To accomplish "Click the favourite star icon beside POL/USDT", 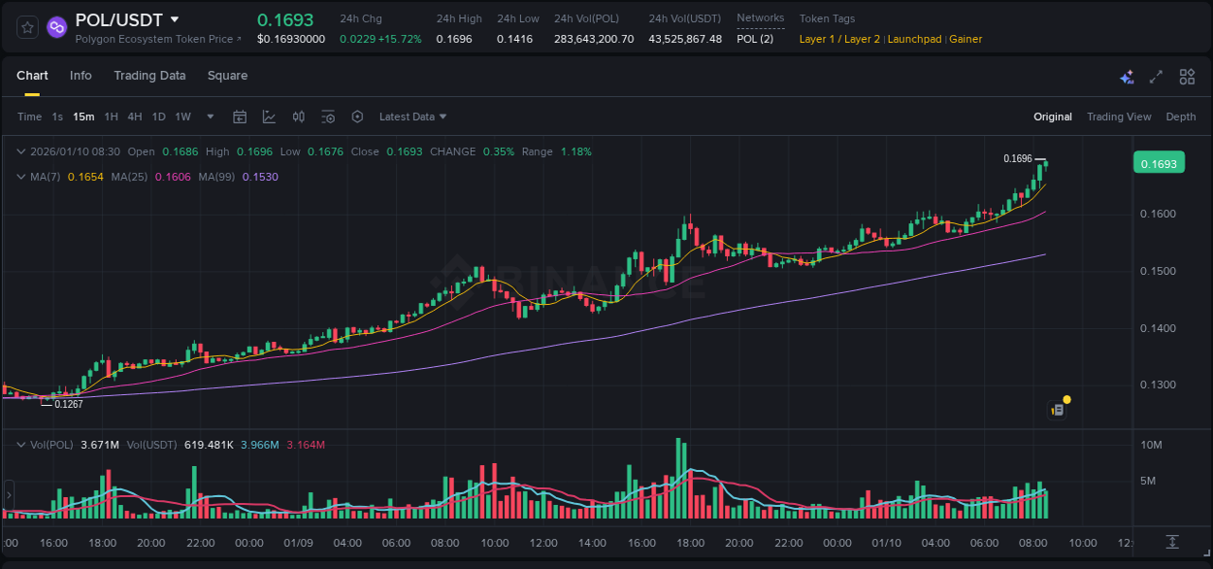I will click(28, 27).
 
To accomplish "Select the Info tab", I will click(81, 76).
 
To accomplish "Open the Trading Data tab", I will click(149, 76).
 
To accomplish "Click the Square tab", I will click(227, 76).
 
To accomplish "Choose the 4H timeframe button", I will click(135, 117).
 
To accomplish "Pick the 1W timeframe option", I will click(182, 117).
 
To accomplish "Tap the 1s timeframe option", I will click(57, 117).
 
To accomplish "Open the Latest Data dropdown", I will click(412, 117).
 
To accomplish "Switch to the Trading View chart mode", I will click(1119, 117).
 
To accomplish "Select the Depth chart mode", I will click(1181, 117).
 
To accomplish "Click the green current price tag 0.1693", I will click(1158, 164).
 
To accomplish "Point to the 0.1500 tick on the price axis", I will click(1158, 271).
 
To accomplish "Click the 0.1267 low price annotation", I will click(68, 404).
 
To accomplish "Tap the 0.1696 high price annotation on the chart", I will click(1017, 158).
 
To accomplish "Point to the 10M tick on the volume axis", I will click(1152, 445).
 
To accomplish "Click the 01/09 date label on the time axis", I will click(297, 543).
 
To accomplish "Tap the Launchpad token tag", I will click(913, 39).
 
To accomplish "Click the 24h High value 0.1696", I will click(454, 39).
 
